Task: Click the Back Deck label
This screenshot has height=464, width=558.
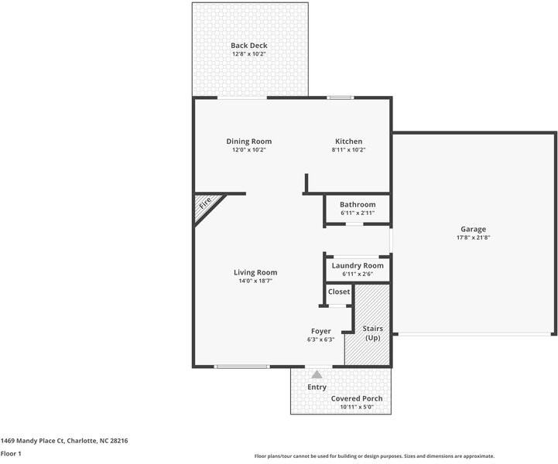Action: pos(248,46)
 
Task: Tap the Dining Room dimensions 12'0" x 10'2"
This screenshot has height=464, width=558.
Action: pos(249,150)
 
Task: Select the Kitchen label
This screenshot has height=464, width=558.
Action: pos(349,142)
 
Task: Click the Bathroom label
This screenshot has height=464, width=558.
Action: pos(358,204)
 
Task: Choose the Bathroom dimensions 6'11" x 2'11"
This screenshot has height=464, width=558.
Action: pos(358,213)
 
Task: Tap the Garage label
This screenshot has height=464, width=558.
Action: pos(474,230)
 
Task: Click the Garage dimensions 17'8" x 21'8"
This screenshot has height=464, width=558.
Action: pos(474,237)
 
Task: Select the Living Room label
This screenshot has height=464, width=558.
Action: pos(255,272)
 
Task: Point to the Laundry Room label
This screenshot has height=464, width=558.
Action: pos(358,265)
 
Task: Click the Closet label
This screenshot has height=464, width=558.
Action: pos(339,292)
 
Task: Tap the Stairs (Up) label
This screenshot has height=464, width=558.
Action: pos(373,333)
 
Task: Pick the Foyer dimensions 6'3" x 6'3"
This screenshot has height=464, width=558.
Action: pos(321,339)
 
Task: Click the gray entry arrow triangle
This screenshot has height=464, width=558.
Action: pos(317,374)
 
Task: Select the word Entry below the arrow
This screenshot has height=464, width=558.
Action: pos(317,387)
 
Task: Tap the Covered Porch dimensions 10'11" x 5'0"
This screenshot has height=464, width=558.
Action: pos(357,407)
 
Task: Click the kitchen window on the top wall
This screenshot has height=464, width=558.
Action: pos(341,97)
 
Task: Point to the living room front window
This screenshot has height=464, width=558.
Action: pos(242,367)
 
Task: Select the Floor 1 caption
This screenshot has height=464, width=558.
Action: pos(11,454)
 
